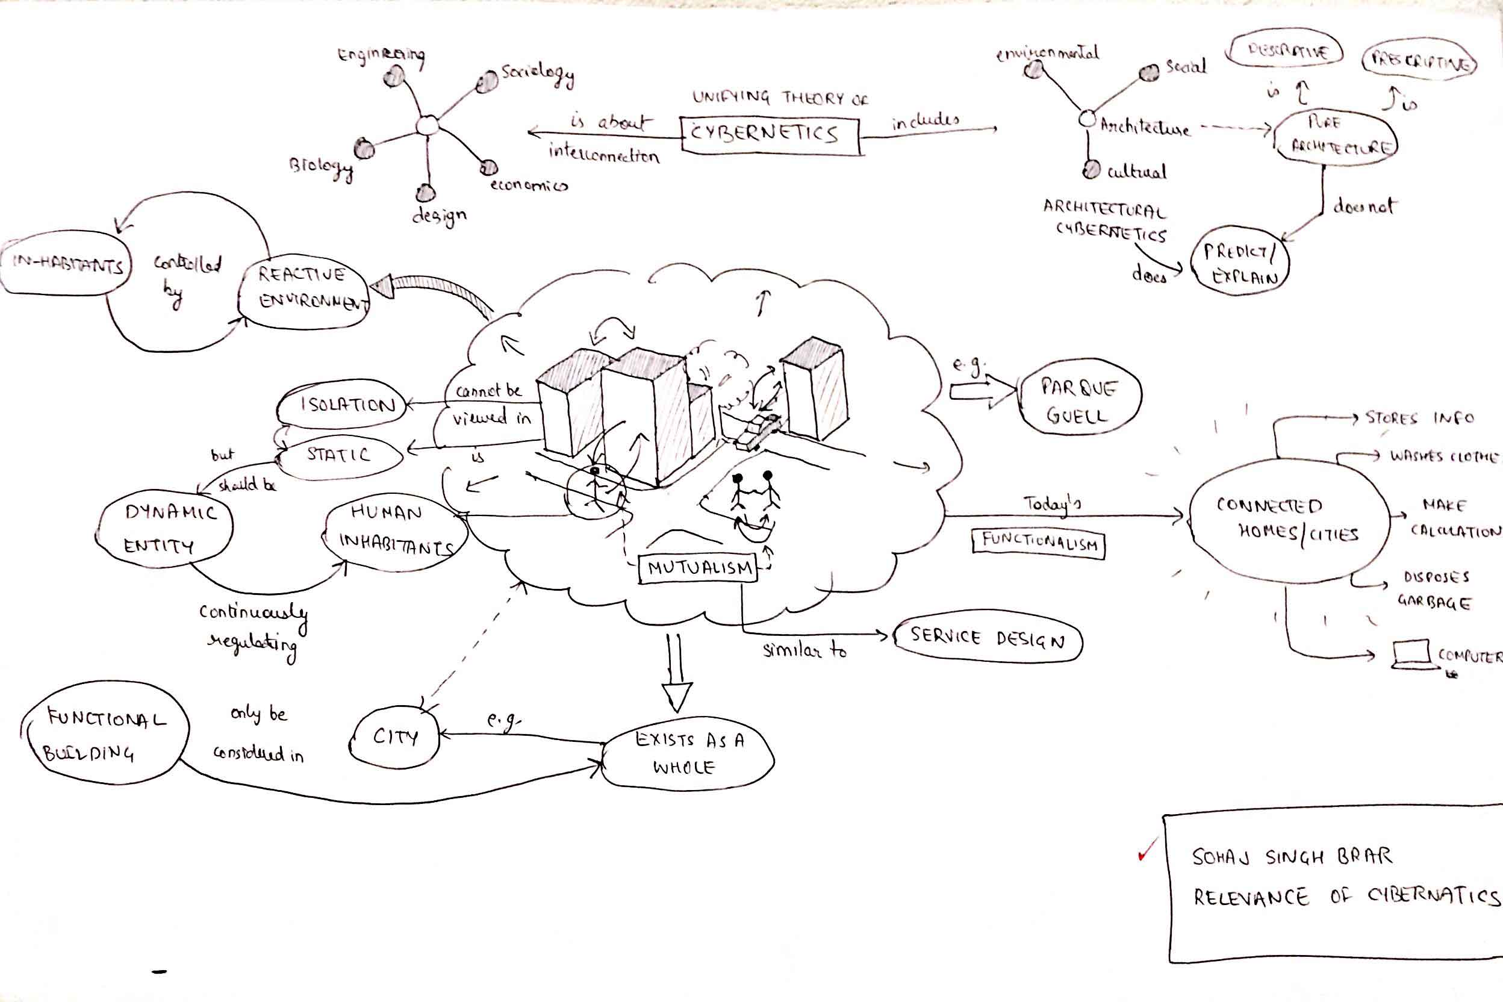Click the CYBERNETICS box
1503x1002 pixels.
click(770, 135)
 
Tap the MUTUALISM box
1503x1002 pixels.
click(698, 568)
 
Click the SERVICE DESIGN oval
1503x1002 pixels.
click(988, 639)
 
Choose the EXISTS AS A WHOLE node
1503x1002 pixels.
click(688, 754)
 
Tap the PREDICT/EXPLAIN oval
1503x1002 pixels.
click(1240, 263)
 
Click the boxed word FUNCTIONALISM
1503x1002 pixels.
click(1038, 543)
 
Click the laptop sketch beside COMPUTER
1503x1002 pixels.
click(1410, 655)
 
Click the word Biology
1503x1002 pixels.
click(320, 167)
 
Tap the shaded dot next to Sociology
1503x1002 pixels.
click(487, 81)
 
